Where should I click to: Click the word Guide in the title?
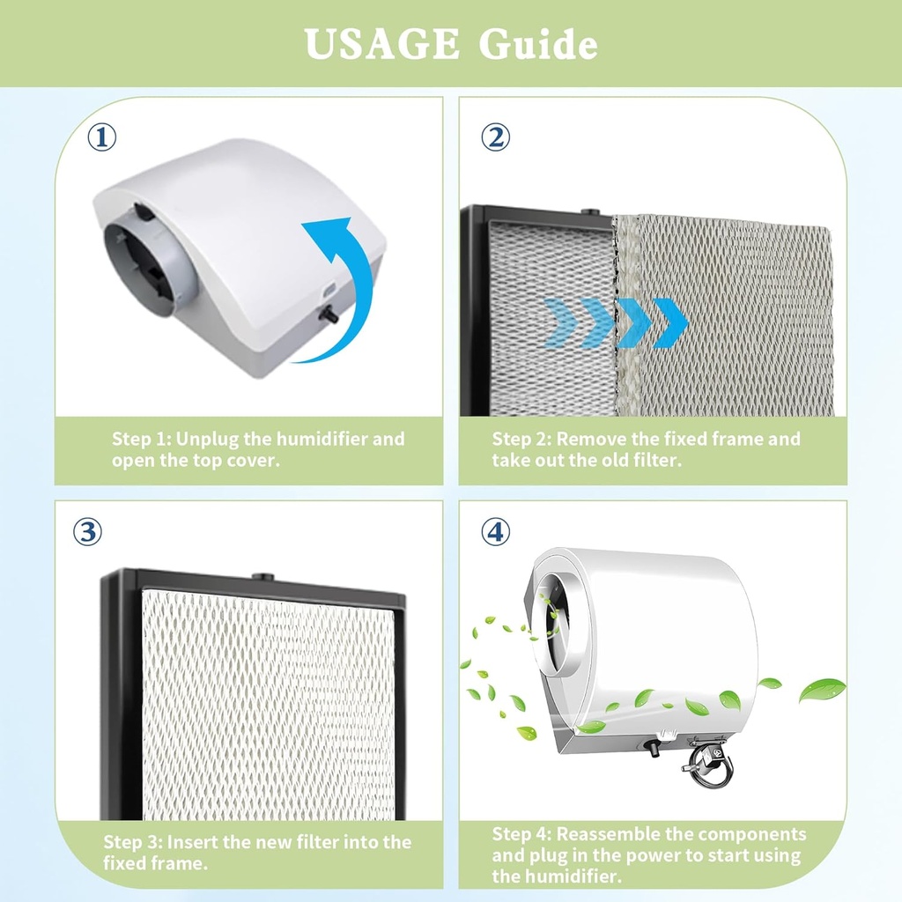pyautogui.click(x=538, y=44)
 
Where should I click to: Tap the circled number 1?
pyautogui.click(x=101, y=137)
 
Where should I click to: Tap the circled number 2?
pyautogui.click(x=495, y=137)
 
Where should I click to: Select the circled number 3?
pyautogui.click(x=87, y=531)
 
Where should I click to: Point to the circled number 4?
pyautogui.click(x=495, y=531)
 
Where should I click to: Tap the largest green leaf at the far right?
pyautogui.click(x=821, y=690)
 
